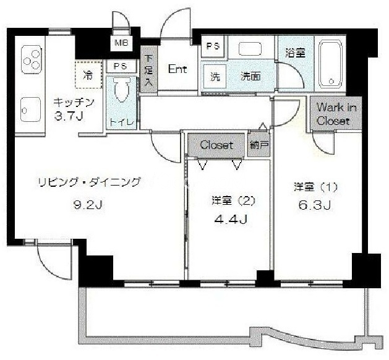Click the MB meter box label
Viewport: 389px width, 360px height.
coord(121,43)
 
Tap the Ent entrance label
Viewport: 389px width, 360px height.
coord(177,69)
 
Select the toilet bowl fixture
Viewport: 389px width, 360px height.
coord(121,90)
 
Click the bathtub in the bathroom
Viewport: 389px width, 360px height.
coord(330,64)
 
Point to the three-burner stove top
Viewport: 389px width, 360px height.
coord(32,59)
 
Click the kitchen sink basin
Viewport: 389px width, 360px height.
coord(31,109)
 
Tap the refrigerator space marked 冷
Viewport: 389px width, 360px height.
coord(89,75)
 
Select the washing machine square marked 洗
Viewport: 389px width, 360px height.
coord(215,77)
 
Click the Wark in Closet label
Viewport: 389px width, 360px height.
coord(336,114)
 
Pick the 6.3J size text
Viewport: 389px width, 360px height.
coord(315,205)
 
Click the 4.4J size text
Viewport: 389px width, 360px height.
coord(231,219)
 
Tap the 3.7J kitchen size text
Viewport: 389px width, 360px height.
coord(69,116)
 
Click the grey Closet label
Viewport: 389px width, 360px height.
coord(216,145)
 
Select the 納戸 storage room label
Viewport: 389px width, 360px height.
coord(259,145)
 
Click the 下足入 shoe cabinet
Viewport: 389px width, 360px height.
coord(148,70)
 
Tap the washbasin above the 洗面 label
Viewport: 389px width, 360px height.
coord(250,49)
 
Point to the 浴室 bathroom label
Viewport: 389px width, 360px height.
coord(295,53)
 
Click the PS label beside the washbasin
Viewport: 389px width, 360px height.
coord(213,46)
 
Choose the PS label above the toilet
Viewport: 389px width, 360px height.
coord(121,66)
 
